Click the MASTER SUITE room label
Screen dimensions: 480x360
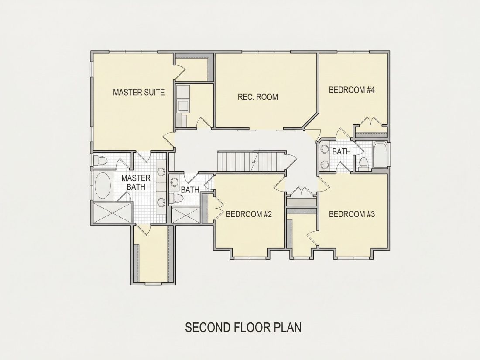tap(139, 92)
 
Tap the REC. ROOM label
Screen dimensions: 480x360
tap(258, 97)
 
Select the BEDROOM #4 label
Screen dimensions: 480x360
tap(352, 90)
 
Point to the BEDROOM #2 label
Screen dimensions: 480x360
tap(249, 214)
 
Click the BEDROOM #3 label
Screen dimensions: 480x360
tap(352, 214)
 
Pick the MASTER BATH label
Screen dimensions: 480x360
tap(136, 182)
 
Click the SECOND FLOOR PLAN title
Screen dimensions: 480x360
tap(243, 327)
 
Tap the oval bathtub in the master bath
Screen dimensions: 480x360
tap(103, 185)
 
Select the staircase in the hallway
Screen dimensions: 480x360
tap(252, 161)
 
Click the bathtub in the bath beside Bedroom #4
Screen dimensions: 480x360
tap(380, 154)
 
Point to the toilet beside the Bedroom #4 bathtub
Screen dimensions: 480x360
tap(363, 163)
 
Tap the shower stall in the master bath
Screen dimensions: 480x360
tap(113, 212)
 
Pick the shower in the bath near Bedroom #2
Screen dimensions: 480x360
tap(186, 215)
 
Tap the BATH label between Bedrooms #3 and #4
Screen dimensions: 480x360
tap(342, 151)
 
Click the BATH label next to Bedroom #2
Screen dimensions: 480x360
tap(190, 190)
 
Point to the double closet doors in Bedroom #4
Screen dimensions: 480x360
tap(371, 121)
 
